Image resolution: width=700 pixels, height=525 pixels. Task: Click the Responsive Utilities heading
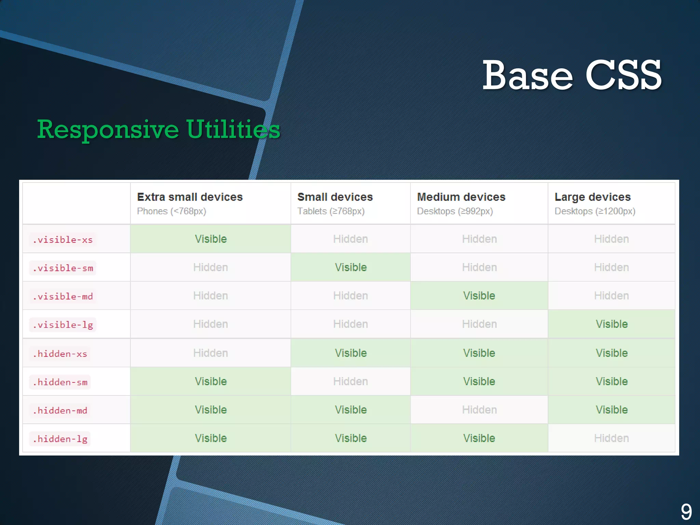click(x=159, y=130)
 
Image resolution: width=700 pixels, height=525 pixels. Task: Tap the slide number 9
click(x=686, y=512)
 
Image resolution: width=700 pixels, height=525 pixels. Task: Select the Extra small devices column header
click(x=190, y=197)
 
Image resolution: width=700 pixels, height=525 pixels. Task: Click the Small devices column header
click(x=335, y=197)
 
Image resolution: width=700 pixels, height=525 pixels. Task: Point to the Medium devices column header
click(x=461, y=197)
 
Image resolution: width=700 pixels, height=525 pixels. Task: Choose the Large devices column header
click(x=592, y=197)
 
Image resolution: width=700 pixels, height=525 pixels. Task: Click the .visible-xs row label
click(x=63, y=240)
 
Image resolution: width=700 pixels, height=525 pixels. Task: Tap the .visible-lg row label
click(x=63, y=325)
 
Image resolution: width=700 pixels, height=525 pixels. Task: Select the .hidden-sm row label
click(x=60, y=382)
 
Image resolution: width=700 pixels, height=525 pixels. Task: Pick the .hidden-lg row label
click(x=60, y=439)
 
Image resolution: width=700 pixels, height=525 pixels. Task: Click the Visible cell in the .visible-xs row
click(x=211, y=239)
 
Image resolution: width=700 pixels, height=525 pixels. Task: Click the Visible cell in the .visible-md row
click(x=479, y=296)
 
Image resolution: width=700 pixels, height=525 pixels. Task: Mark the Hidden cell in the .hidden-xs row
click(x=211, y=353)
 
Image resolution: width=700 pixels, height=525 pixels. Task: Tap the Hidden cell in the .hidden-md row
click(x=479, y=410)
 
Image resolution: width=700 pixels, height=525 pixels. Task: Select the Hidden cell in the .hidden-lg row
click(x=611, y=438)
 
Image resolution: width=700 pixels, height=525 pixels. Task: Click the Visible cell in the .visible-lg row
click(x=611, y=324)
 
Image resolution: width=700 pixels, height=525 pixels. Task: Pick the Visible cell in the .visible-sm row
click(x=351, y=267)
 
